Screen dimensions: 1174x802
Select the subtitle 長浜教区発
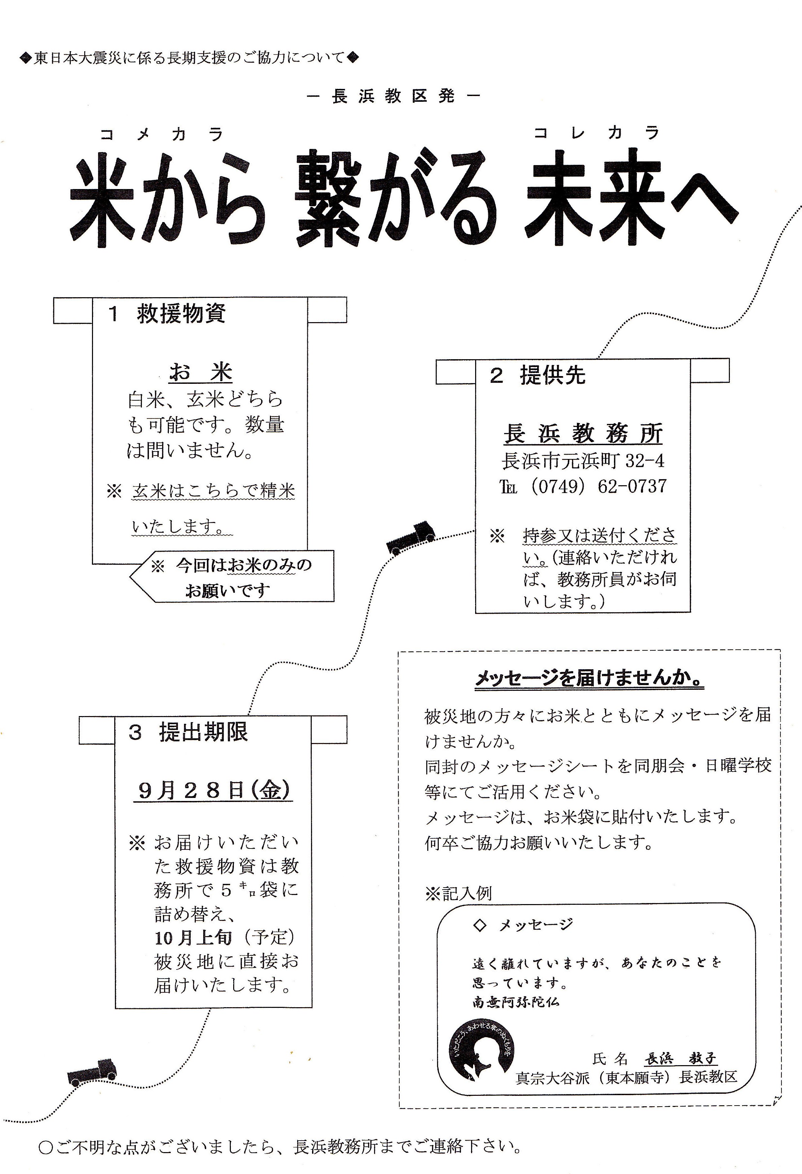coord(393,96)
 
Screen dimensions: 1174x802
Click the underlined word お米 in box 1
coord(201,372)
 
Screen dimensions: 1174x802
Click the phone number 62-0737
coord(632,487)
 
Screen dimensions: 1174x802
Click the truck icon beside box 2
coord(410,537)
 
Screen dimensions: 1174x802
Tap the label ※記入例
coord(459,894)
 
